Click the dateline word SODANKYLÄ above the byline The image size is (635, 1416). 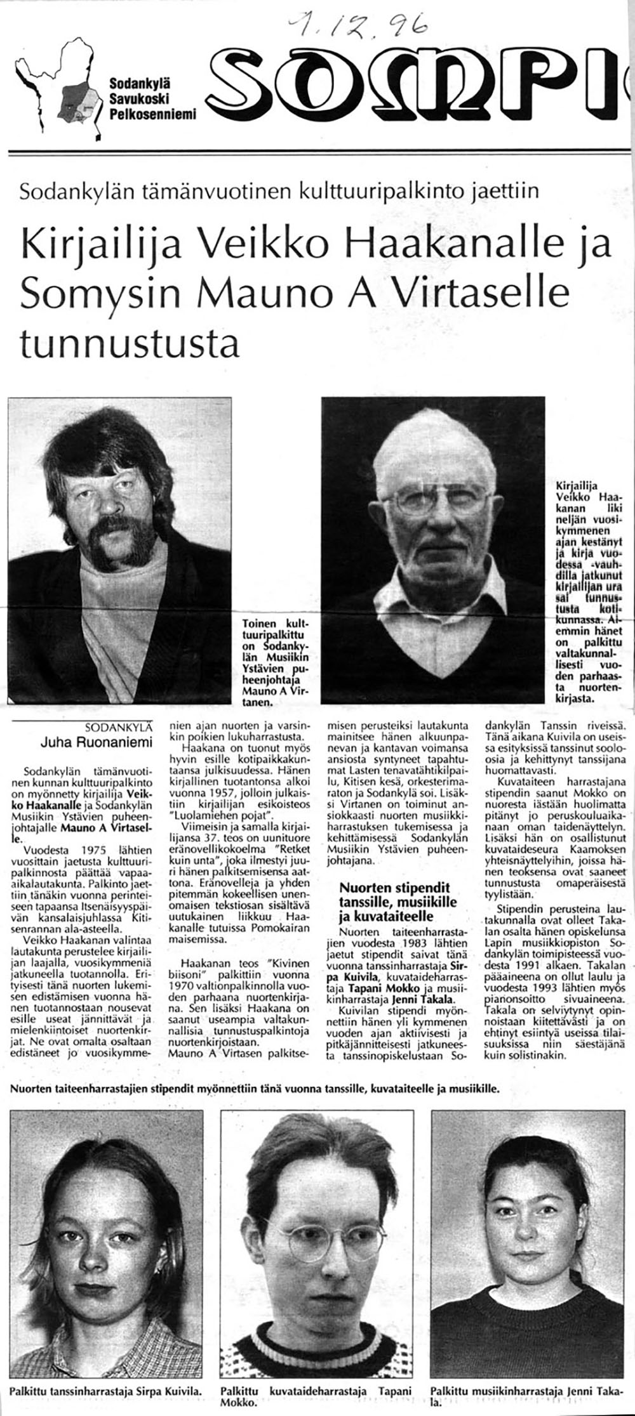click(x=121, y=726)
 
